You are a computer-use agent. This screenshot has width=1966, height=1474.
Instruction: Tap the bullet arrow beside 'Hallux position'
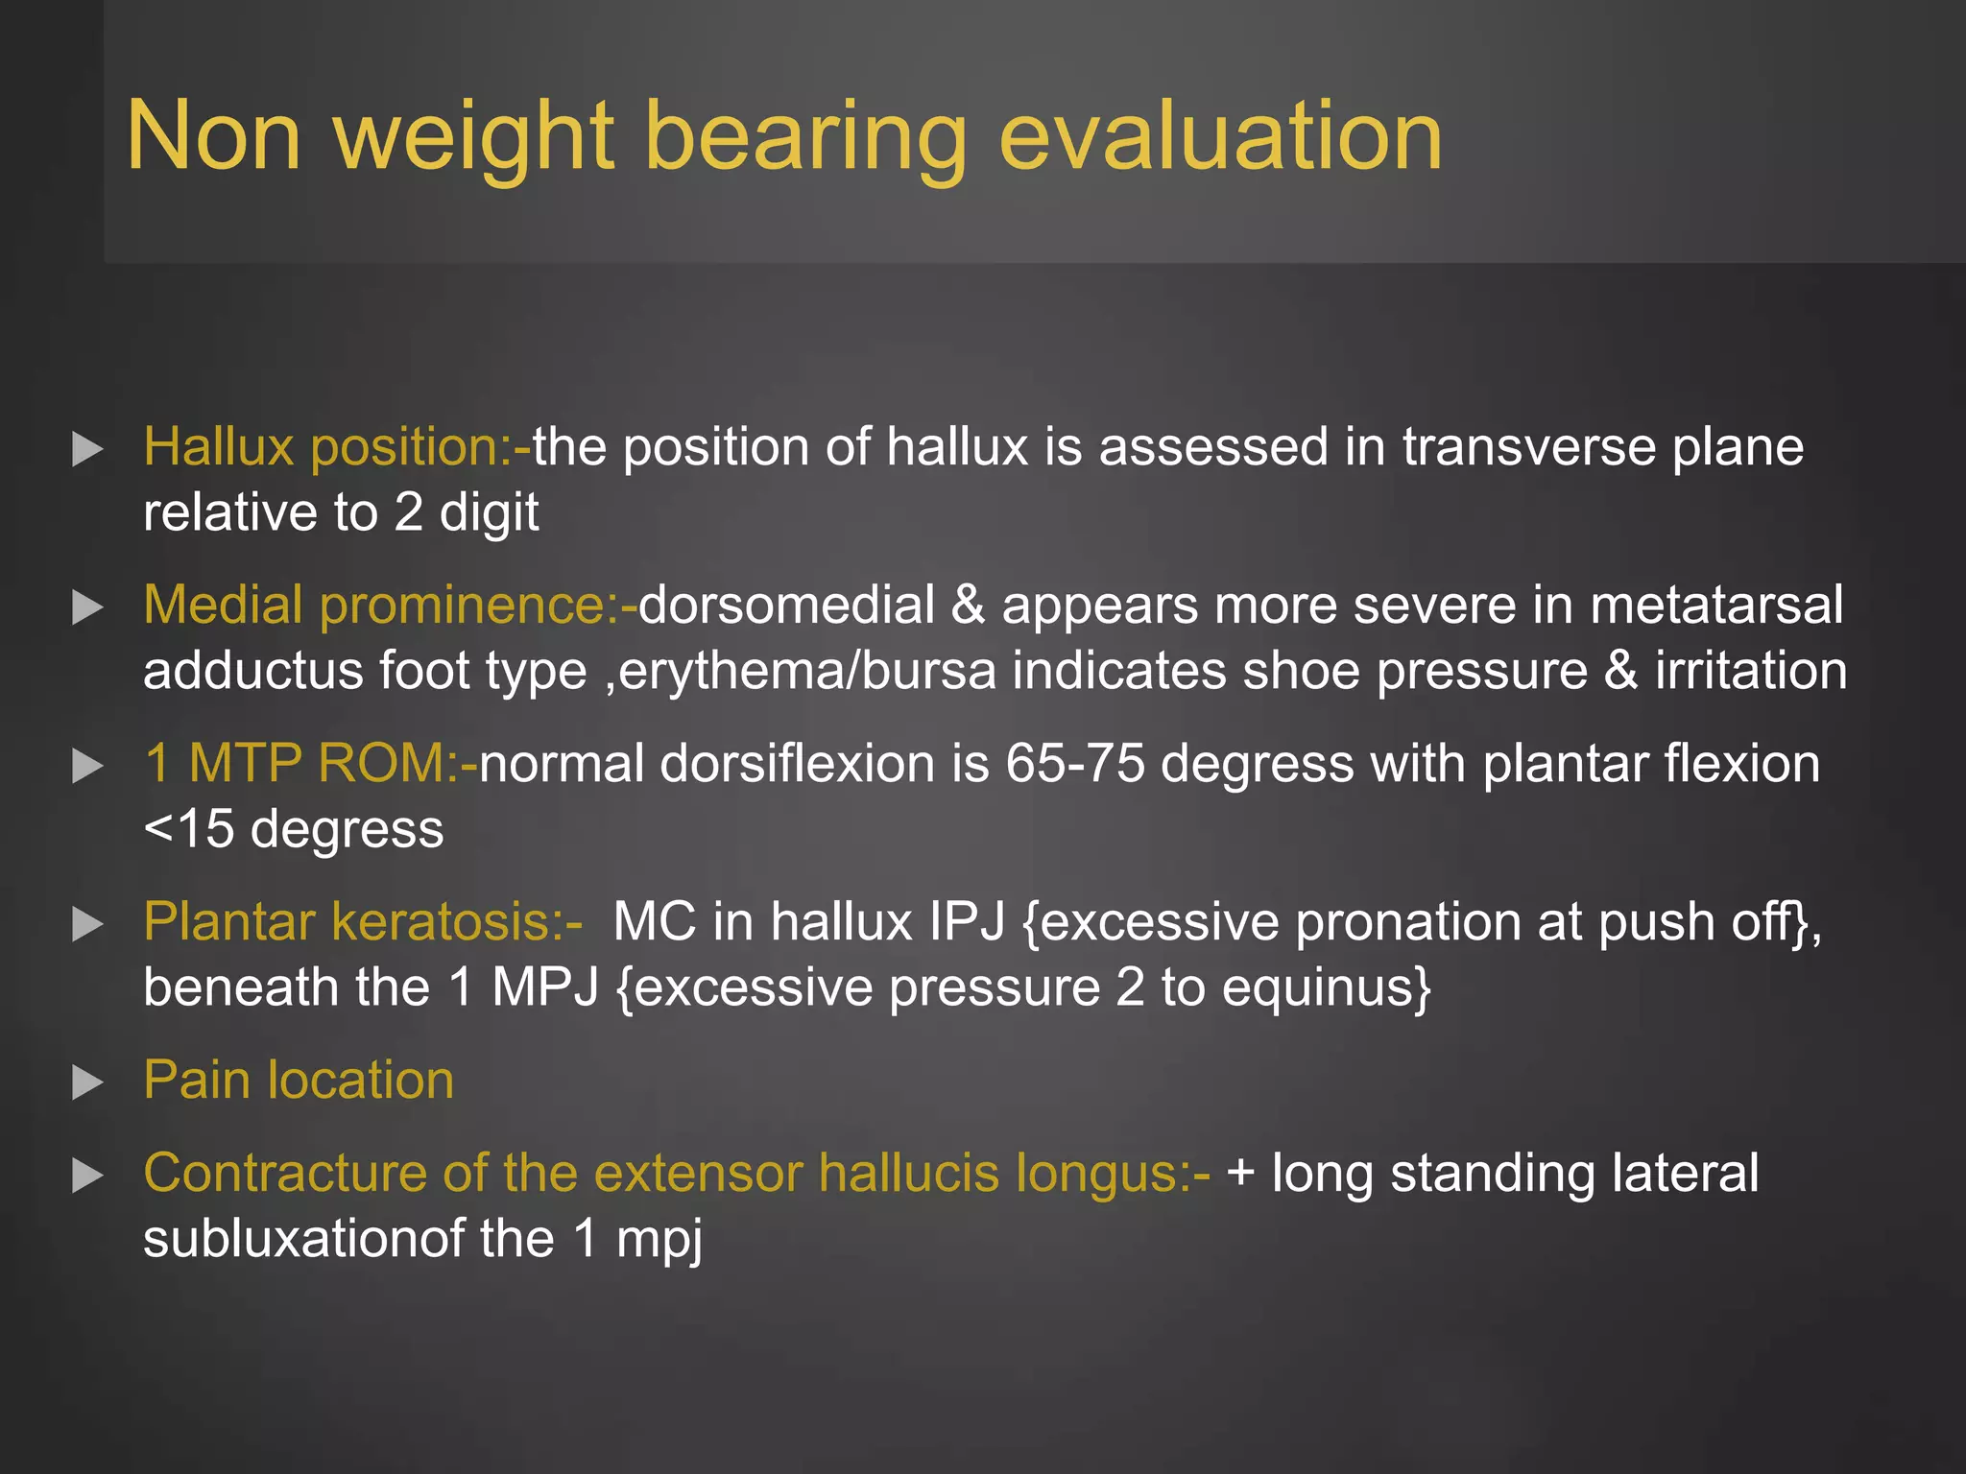pyautogui.click(x=87, y=449)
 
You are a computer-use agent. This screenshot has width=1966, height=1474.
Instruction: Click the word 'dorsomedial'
pyautogui.click(x=786, y=606)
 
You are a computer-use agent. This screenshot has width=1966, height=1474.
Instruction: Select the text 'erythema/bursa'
pyautogui.click(x=807, y=671)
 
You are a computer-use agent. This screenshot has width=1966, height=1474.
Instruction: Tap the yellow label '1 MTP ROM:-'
pyautogui.click(x=310, y=765)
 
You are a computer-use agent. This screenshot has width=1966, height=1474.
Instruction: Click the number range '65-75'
pyautogui.click(x=1075, y=765)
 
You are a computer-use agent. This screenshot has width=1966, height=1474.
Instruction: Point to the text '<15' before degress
pyautogui.click(x=188, y=829)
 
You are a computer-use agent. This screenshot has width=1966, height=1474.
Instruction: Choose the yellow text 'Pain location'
pyautogui.click(x=299, y=1081)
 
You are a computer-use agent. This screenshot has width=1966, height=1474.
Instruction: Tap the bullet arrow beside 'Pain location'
pyautogui.click(x=87, y=1082)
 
